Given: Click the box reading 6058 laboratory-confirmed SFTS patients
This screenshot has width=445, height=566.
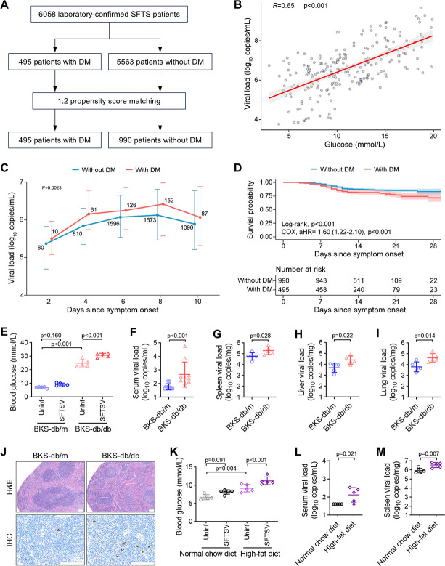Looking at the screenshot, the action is [x=110, y=14].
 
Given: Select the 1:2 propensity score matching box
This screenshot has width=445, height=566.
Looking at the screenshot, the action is [x=110, y=101].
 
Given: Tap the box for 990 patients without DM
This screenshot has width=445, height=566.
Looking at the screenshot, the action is [x=160, y=140].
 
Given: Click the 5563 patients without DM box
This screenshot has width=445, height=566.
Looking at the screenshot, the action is [x=160, y=62].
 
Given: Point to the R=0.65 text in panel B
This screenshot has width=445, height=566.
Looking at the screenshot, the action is [x=283, y=6].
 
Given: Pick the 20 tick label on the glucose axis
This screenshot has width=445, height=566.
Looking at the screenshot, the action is [x=433, y=136].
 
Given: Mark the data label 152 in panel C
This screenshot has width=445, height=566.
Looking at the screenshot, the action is [x=168, y=201].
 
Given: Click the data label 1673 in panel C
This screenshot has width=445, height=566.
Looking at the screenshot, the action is [x=150, y=219].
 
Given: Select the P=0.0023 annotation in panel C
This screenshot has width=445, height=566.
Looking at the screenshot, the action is [x=52, y=187].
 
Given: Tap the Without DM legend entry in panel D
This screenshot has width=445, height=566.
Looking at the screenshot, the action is [x=332, y=169].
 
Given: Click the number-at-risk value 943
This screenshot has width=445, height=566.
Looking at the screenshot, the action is [x=321, y=280].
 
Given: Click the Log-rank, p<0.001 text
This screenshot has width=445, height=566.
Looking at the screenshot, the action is [x=308, y=224].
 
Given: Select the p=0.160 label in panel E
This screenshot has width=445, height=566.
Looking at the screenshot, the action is [x=51, y=336].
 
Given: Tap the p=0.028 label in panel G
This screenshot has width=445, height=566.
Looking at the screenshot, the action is [x=261, y=336].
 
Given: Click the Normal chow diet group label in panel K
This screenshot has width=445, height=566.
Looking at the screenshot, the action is [x=208, y=554].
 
